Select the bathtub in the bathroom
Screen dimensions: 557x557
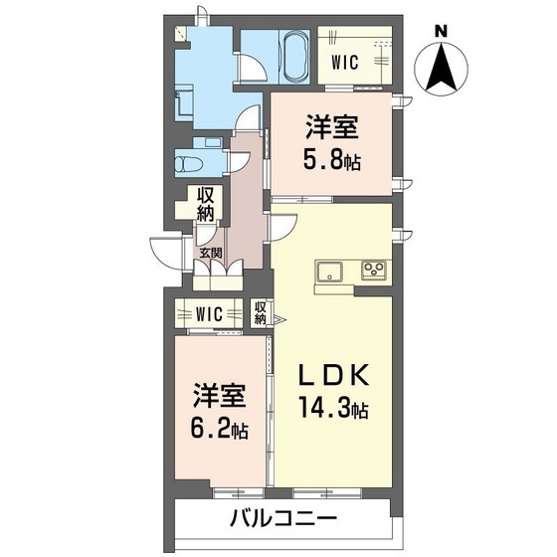point(295,57)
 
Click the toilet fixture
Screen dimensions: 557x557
point(186,161)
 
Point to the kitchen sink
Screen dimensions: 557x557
point(329,271)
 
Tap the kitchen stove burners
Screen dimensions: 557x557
point(374,270)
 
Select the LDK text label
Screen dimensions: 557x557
point(337,377)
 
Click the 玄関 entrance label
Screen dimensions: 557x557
point(210,253)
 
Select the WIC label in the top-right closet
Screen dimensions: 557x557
point(344,62)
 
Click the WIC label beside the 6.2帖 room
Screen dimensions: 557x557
point(210,314)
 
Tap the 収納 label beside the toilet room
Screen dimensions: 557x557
point(205,204)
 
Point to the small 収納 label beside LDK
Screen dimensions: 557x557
point(260,313)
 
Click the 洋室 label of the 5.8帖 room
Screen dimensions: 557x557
point(332,126)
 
